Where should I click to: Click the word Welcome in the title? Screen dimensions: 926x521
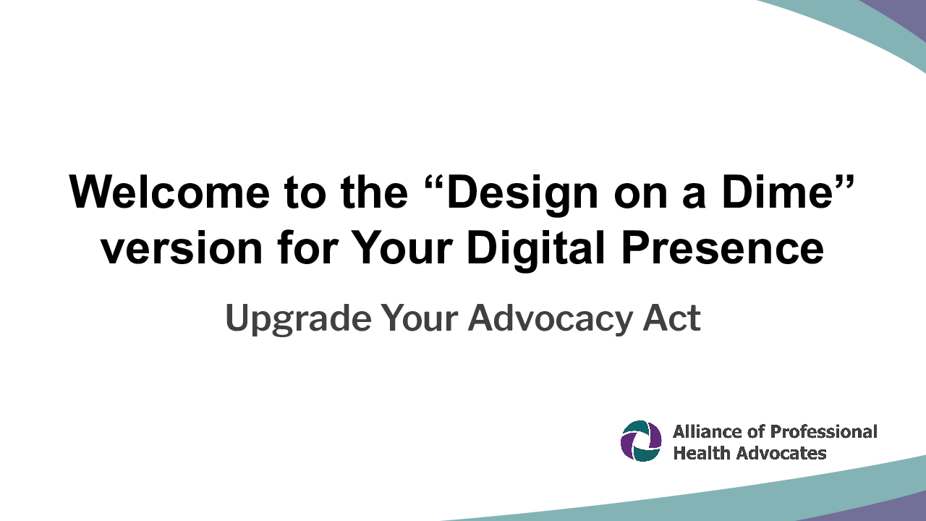coord(169,192)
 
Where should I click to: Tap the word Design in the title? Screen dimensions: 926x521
coord(522,195)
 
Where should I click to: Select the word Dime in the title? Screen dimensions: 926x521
coord(777,192)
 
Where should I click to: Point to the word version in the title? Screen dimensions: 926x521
coord(182,248)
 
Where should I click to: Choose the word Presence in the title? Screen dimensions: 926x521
coord(722,248)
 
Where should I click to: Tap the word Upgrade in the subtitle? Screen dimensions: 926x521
coord(298,320)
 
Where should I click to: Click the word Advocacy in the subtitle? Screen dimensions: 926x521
coord(551,319)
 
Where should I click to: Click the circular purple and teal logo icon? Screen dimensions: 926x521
coord(641,441)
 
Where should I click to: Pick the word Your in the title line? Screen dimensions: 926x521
coord(401,248)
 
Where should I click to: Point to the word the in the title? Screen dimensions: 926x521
coord(374,192)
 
